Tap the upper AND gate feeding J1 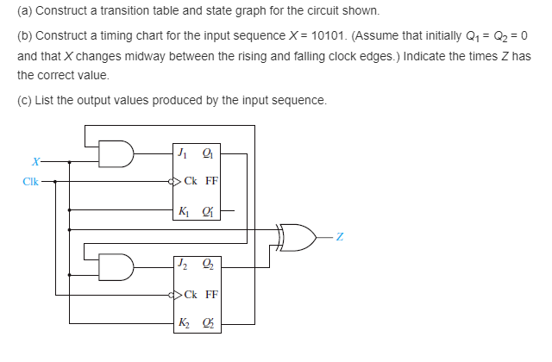pos(116,154)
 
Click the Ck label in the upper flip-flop pos(191,182)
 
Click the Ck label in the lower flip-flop pos(191,294)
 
